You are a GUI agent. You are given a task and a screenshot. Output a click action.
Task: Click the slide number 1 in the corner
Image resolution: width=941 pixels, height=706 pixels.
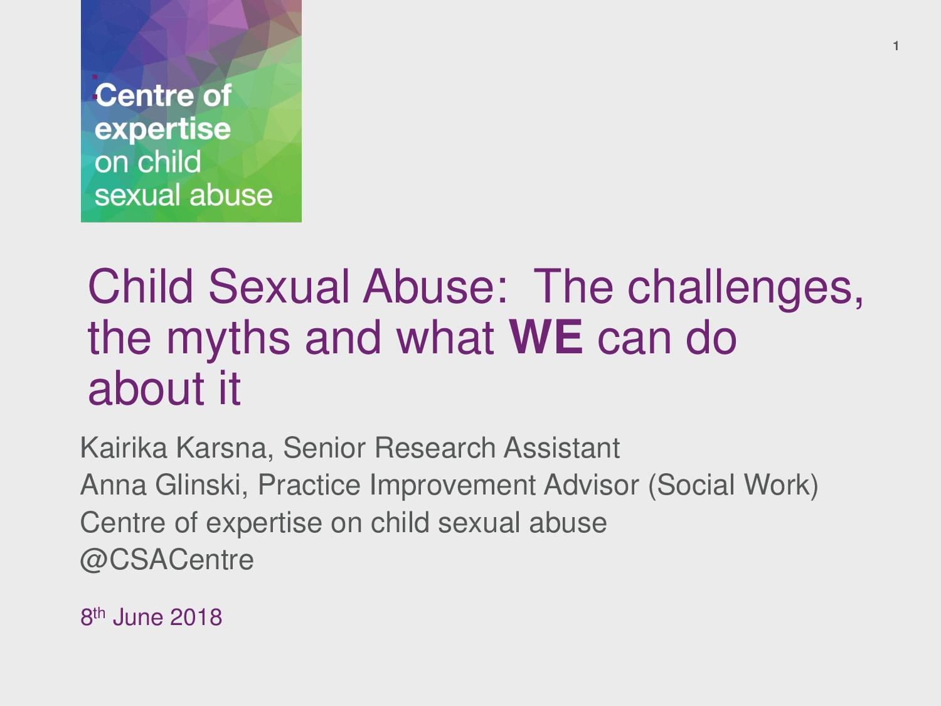pos(896,46)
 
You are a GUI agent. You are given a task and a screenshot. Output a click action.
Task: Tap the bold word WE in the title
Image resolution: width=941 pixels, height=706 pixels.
pos(545,338)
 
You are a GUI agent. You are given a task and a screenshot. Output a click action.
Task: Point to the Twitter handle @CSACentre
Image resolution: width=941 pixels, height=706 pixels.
pos(167,560)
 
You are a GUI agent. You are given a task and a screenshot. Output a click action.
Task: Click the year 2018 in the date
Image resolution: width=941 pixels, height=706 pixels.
pos(196,618)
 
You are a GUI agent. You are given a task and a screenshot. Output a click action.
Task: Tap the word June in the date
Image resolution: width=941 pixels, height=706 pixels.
pos(138,618)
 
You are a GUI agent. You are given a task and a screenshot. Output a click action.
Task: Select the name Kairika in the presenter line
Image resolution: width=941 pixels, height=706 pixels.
pos(124,447)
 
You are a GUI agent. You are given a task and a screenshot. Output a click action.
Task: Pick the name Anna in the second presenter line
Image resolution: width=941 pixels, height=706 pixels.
pos(114,485)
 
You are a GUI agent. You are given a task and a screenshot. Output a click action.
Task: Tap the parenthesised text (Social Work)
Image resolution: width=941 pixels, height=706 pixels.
pos(733,486)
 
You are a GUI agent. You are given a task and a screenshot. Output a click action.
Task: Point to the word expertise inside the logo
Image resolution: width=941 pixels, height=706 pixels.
pos(162,129)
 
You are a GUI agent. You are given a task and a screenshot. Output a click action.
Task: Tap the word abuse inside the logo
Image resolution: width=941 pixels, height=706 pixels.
pos(231,195)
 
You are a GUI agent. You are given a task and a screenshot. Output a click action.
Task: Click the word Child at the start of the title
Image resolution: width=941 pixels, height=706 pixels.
pos(141,286)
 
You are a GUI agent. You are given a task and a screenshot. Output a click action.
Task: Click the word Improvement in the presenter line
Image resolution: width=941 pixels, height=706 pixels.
pos(452,486)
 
